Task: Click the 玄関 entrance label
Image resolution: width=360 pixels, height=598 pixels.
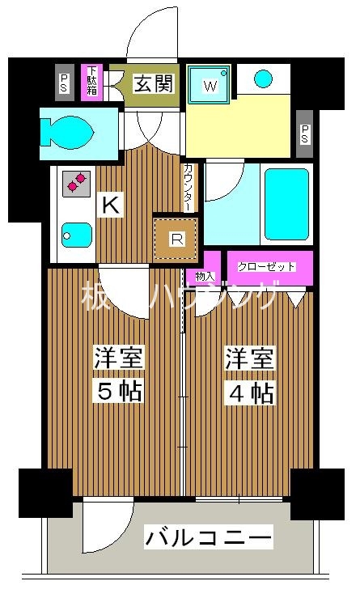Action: coord(154,83)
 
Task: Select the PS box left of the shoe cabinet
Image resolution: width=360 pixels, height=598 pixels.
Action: coord(65,82)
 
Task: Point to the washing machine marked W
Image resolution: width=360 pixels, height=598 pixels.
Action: coord(210,83)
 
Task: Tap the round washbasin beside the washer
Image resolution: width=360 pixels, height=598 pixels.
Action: coord(265,78)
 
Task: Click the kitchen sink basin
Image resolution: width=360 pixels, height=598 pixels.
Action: coord(74,235)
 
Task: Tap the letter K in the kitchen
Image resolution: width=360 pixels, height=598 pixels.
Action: coord(111,206)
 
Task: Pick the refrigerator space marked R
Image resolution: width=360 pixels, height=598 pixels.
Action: coord(176,238)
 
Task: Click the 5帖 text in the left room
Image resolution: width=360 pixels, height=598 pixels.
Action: coord(119,392)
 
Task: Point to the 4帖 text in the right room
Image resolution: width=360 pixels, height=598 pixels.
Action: coord(249,392)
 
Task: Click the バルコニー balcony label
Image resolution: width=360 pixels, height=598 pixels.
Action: coord(208,537)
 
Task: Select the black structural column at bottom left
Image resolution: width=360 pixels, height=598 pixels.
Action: coord(44,493)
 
